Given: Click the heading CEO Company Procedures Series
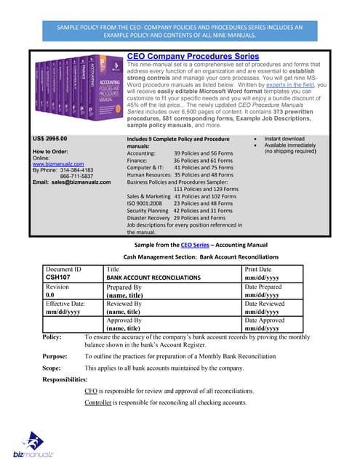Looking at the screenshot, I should pyautogui.click(x=193, y=56).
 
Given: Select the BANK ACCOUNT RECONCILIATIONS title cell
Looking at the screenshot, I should pyautogui.click(x=153, y=278).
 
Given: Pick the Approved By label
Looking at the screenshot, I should pyautogui.click(x=124, y=320).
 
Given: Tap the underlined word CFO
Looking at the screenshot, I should pyautogui.click(x=92, y=391).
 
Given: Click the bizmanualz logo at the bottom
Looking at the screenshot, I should pyautogui.click(x=30, y=444).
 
